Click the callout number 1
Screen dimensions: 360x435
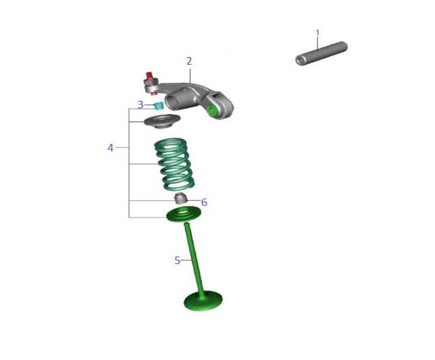click(x=318, y=33)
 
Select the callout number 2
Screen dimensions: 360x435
click(x=189, y=61)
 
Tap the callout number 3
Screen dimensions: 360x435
click(x=140, y=105)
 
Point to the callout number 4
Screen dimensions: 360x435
click(x=110, y=148)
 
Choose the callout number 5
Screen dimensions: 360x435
click(x=177, y=261)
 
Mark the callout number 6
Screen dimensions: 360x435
click(x=204, y=203)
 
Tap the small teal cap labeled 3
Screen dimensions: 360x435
click(x=158, y=106)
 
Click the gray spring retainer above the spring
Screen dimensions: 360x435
click(x=161, y=122)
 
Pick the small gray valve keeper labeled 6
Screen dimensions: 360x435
click(x=181, y=199)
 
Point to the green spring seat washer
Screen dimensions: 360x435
click(x=183, y=214)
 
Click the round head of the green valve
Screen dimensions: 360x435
click(x=203, y=301)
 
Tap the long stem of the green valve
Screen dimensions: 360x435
click(x=193, y=257)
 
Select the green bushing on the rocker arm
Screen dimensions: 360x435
click(x=213, y=110)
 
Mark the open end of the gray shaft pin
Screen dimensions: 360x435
click(x=301, y=60)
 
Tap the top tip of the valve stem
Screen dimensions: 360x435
click(x=187, y=224)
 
